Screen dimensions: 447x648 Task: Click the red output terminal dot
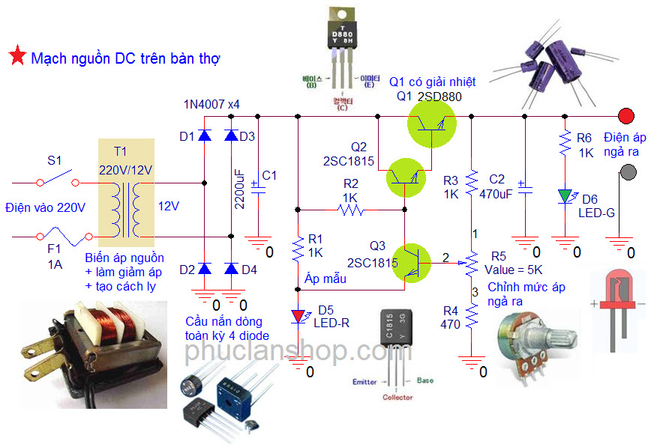(x=625, y=116)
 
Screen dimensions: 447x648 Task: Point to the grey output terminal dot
(x=625, y=174)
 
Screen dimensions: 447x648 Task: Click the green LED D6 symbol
(x=564, y=197)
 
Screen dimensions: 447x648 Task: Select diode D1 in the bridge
(x=205, y=136)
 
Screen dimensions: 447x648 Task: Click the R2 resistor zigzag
(x=351, y=210)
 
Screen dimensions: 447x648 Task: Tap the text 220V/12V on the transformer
(x=125, y=170)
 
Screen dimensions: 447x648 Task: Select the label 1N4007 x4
(x=211, y=104)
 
